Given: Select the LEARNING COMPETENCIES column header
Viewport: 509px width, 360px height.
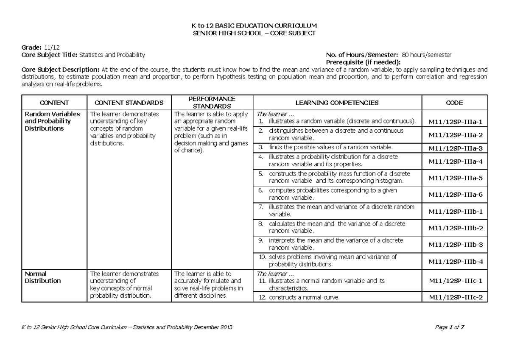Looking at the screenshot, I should (x=337, y=103).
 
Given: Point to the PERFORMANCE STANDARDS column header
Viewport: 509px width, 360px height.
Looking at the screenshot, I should (x=212, y=103).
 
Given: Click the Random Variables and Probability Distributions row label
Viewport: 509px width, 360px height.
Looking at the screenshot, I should (x=52, y=121).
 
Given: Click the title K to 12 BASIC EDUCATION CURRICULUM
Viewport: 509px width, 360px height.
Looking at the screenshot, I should (x=255, y=26).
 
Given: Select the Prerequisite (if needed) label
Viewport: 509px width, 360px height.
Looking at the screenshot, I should (x=363, y=62).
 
